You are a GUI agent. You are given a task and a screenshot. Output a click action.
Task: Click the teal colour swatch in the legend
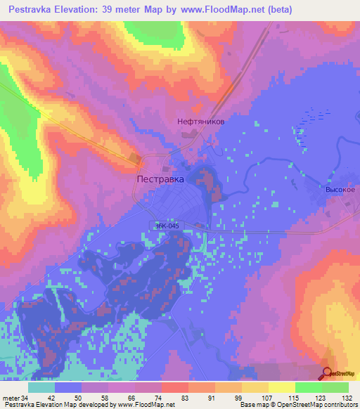(x=41, y=387)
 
